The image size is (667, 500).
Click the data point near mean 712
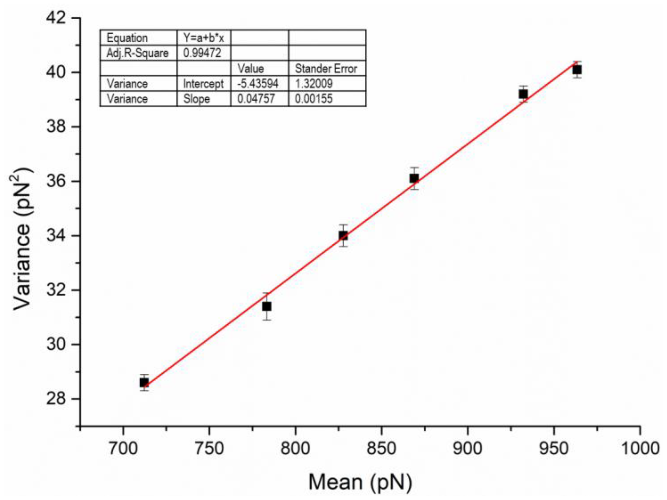click(x=144, y=383)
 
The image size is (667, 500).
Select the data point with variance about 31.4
click(x=266, y=307)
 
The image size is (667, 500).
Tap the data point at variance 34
click(x=343, y=236)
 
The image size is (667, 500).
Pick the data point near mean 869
click(x=414, y=179)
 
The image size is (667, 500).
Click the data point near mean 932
click(x=523, y=94)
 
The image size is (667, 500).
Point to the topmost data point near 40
click(x=577, y=70)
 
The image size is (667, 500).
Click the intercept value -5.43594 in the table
click(x=258, y=84)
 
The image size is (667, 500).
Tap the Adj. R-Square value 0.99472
click(x=202, y=53)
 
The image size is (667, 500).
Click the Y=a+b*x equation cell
click(x=204, y=38)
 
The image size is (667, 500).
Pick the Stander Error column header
click(x=326, y=69)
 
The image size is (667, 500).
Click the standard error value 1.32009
click(x=314, y=84)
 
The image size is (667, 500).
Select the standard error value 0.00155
click(x=314, y=99)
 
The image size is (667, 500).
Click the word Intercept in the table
click(x=204, y=84)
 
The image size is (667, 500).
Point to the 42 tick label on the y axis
click(x=56, y=18)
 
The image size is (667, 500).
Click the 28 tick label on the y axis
click(x=56, y=399)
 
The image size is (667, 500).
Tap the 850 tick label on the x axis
click(x=381, y=448)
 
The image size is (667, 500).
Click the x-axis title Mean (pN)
click(x=360, y=482)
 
